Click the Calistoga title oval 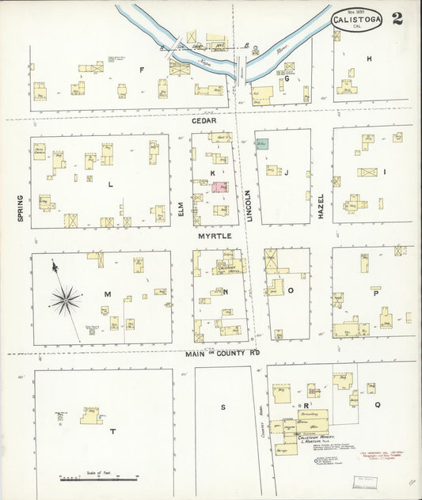[355, 17]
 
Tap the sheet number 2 [396, 17]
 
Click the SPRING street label [20, 208]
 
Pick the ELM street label [181, 209]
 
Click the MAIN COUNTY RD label [223, 354]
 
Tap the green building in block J [262, 143]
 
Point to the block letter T [112, 431]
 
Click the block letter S [223, 407]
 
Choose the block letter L [110, 184]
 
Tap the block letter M [105, 294]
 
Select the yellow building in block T [90, 415]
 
